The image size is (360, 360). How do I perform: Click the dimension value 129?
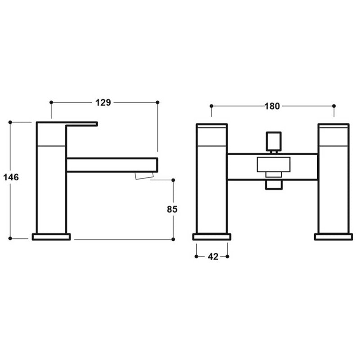point(103,103)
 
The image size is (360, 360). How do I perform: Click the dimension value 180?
point(272,106)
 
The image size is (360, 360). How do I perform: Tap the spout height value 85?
point(172,209)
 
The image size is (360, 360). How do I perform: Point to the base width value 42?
point(212,256)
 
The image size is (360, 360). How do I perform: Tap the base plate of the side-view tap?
point(51,237)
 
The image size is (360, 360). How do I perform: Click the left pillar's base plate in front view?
point(211,237)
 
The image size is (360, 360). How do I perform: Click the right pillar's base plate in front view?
point(333,237)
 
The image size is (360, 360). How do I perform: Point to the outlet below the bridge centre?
point(273,184)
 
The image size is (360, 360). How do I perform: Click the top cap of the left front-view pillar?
point(211,135)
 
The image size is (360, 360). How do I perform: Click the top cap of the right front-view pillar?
point(333,135)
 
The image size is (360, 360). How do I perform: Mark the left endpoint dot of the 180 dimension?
point(211,106)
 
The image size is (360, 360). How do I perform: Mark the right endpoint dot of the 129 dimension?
point(157,103)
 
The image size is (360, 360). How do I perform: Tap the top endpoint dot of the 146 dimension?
point(10,122)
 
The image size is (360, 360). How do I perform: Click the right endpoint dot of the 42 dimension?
point(228,256)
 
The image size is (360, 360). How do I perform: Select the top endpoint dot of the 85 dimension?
point(172,180)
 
